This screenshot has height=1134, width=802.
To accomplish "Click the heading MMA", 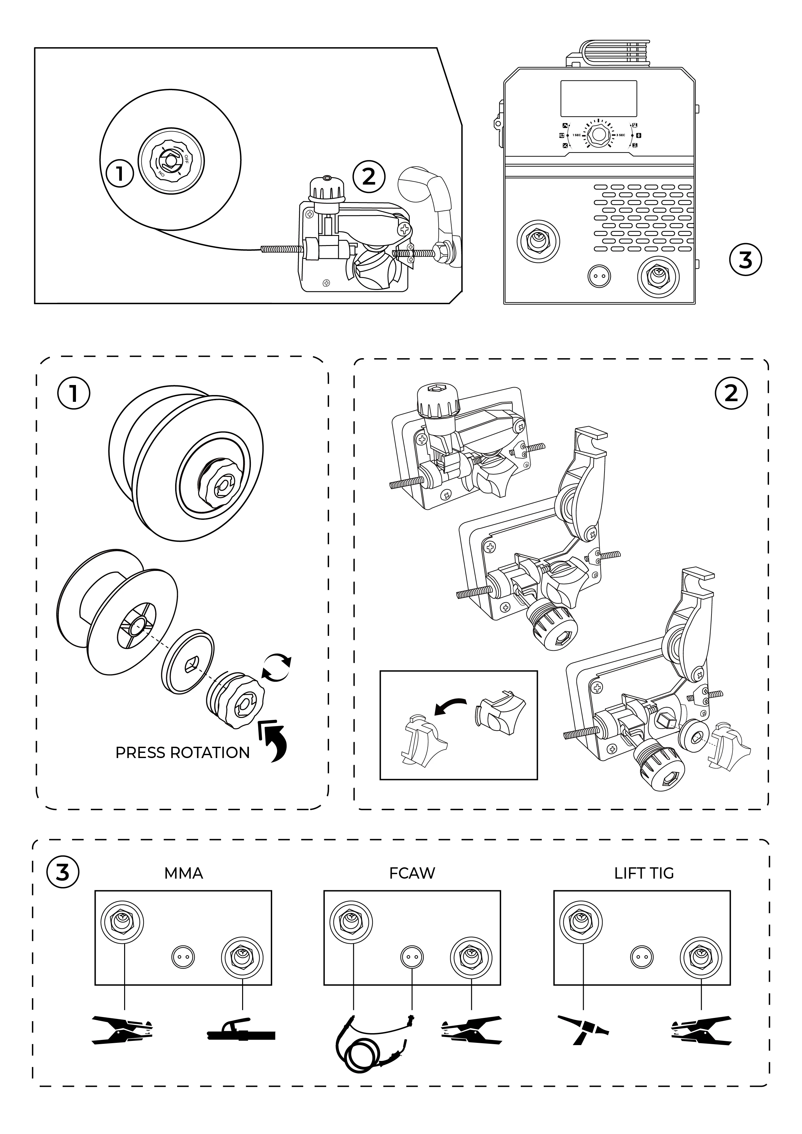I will (183, 873).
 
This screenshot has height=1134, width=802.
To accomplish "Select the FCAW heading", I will (412, 873).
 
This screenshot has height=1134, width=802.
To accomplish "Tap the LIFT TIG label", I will (644, 873).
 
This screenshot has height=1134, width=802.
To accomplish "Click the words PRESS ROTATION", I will (182, 753).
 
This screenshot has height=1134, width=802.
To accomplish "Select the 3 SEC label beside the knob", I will (620, 135).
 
